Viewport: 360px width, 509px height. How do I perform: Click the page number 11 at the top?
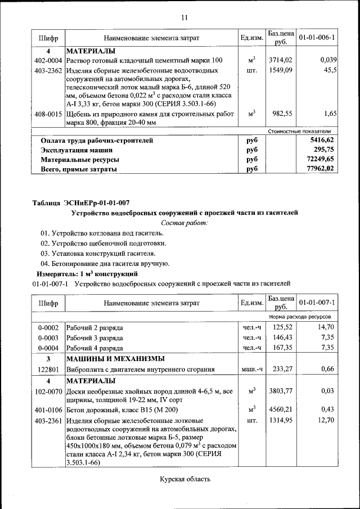tap(184, 17)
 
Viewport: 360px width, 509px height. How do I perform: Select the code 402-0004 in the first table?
tap(48, 60)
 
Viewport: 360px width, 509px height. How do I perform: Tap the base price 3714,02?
tap(280, 60)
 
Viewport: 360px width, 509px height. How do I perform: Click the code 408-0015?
tap(48, 114)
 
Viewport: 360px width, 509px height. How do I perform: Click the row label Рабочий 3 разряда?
tap(94, 337)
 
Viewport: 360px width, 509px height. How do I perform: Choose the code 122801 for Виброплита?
tap(48, 370)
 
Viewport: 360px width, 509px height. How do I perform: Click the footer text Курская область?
tap(184, 479)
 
